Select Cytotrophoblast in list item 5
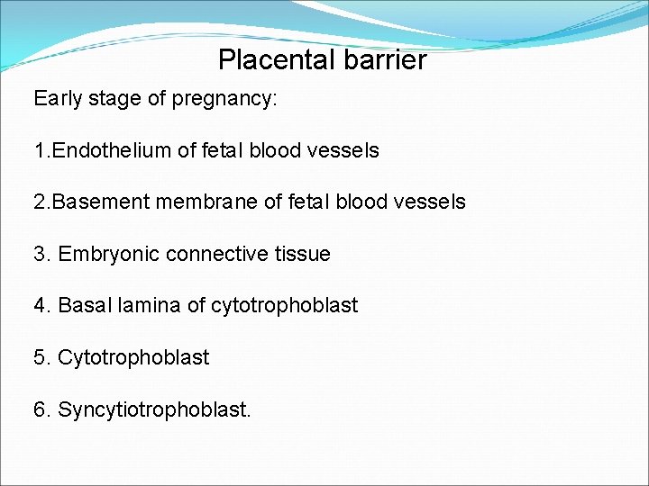coord(133,358)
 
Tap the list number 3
coord(41,255)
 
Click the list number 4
coord(41,306)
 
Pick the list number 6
coord(41,410)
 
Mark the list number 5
coord(41,358)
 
